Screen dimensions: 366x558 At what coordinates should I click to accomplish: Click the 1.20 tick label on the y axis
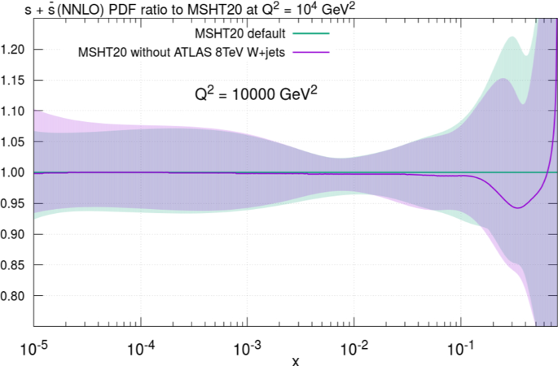[x=15, y=50]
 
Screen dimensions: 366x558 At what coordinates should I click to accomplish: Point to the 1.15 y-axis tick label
[x=15, y=81]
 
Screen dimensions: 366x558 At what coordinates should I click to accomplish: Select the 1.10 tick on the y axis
[x=15, y=111]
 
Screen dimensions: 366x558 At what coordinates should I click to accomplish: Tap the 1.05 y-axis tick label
[x=15, y=142]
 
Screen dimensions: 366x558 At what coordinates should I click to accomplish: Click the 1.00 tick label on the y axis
[x=15, y=173]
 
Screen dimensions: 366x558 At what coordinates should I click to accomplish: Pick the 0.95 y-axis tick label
[x=15, y=204]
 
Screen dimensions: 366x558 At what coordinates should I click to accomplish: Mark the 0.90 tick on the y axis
[x=15, y=235]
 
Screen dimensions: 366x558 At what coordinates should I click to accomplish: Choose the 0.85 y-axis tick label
[x=15, y=266]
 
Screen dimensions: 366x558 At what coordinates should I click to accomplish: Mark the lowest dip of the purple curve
[x=516, y=208]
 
